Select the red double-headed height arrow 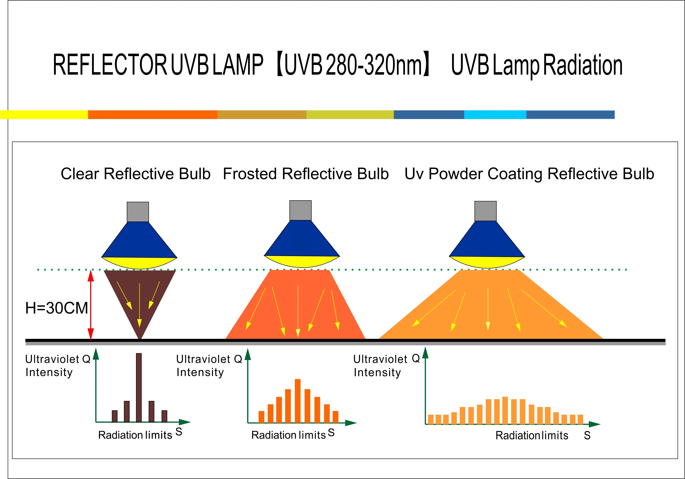tap(91, 304)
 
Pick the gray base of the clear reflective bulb tap(138, 212)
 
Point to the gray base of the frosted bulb tap(300, 210)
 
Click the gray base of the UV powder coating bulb tap(485, 211)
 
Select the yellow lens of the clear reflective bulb tap(139, 262)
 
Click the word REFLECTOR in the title tap(110, 65)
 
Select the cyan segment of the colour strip tap(495, 115)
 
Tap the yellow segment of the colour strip tap(44, 115)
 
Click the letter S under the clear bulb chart tap(179, 431)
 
